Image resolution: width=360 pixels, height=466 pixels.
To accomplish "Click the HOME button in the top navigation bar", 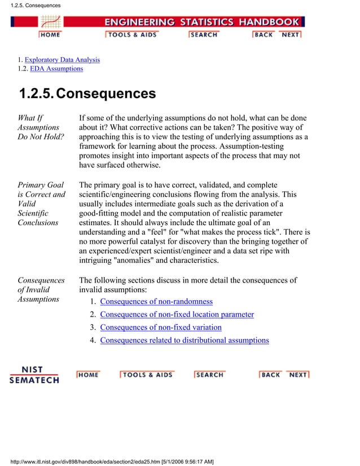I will coord(50,34).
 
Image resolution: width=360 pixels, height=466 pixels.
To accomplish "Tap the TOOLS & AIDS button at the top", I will coord(131,34).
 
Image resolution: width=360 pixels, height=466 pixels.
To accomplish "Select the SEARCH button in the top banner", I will coord(203,34).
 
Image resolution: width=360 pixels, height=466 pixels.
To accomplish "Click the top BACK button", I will coord(264,34).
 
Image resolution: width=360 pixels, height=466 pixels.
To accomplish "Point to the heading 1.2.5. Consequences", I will coord(87,94).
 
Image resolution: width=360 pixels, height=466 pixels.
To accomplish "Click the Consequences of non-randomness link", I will coord(156,302).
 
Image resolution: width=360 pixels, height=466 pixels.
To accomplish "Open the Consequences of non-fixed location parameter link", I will coord(177,315).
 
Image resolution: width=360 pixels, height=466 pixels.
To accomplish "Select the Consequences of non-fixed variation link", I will coord(161,327).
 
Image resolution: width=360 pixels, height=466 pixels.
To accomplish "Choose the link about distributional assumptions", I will coord(185,340).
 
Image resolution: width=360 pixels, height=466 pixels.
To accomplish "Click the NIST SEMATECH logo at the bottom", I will coord(34,375).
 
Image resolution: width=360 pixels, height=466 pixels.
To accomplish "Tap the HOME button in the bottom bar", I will coord(88,375).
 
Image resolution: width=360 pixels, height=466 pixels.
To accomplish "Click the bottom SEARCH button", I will coord(209,375).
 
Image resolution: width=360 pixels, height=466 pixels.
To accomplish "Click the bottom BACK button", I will coord(270,375).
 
